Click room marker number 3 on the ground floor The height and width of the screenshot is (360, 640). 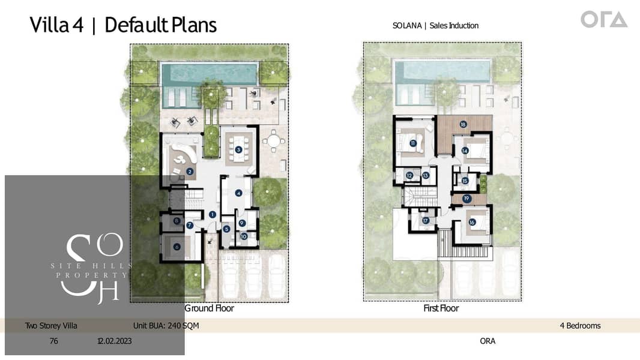coord(238,149)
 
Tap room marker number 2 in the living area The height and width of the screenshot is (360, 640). coord(189,172)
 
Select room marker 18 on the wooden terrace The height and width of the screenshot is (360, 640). coord(463,124)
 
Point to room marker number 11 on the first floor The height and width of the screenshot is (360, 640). coord(412,143)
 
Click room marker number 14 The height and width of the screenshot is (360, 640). coord(465,151)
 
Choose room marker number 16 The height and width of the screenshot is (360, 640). coord(472,222)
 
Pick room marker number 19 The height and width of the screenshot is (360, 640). coord(466,199)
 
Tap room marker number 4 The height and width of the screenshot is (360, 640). coord(238,193)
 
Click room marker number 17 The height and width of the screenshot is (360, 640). coord(426,221)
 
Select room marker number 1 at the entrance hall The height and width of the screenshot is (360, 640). coord(213,214)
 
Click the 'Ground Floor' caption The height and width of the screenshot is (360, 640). coord(210,308)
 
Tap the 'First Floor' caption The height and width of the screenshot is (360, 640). coord(441,308)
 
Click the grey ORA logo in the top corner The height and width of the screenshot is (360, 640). coord(604,20)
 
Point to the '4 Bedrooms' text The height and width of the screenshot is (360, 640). coord(580,325)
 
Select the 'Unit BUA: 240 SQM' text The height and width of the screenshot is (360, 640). coord(166,325)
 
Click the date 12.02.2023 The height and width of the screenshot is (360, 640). coord(114,341)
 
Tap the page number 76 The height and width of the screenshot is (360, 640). coord(54,341)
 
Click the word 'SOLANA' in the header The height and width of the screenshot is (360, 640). coord(407,25)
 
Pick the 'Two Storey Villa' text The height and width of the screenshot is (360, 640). coord(51,325)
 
